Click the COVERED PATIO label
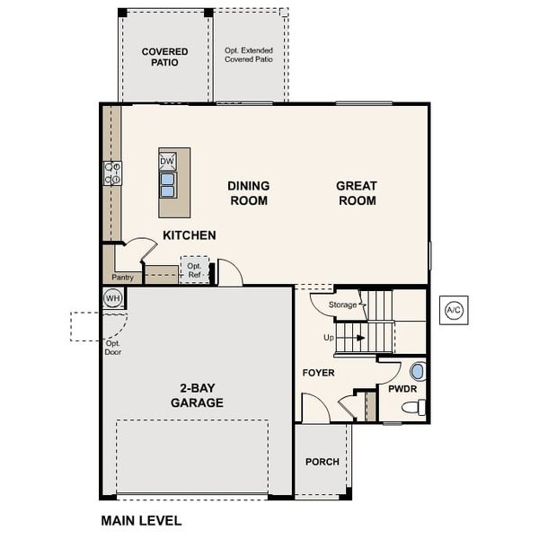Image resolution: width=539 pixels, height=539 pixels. [164, 57]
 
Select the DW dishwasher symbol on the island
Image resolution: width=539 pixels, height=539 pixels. [168, 162]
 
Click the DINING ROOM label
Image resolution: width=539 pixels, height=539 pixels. [249, 193]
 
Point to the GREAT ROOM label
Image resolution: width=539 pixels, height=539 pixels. [357, 193]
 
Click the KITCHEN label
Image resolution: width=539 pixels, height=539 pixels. [189, 235]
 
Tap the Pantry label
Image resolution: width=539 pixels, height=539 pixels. [122, 278]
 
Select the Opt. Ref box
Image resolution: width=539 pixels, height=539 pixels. [194, 270]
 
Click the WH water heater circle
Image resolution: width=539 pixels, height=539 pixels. [113, 298]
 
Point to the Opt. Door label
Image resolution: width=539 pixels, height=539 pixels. [113, 348]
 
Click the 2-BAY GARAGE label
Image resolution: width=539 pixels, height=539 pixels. [198, 396]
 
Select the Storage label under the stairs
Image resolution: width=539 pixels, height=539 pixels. [343, 305]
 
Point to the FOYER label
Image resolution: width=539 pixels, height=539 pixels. [318, 372]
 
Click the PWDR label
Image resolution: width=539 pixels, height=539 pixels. [401, 389]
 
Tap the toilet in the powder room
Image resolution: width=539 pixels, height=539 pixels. [412, 408]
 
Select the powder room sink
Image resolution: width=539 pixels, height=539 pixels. [417, 370]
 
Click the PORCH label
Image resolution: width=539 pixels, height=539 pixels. [322, 462]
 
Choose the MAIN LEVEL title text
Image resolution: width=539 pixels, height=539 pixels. [141, 520]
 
